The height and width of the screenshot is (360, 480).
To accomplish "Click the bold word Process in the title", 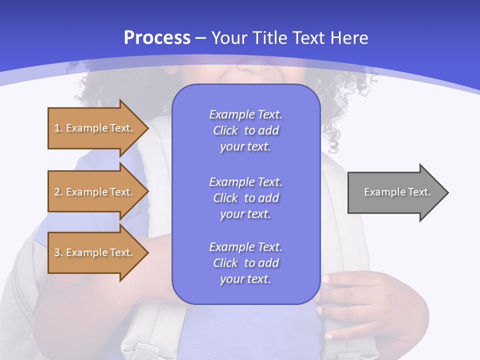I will pyautogui.click(x=157, y=38).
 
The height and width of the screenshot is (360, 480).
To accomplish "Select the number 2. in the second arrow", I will pyautogui.click(x=58, y=192).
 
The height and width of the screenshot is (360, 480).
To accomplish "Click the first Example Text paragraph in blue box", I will pyautogui.click(x=245, y=130).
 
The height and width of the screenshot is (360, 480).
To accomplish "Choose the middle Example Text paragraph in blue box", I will pyautogui.click(x=245, y=198).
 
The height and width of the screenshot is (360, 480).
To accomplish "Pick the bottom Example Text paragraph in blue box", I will pyautogui.click(x=245, y=263).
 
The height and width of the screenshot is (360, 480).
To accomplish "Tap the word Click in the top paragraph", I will pyautogui.click(x=225, y=130).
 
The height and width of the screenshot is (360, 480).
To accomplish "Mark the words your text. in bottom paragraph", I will pyautogui.click(x=245, y=279).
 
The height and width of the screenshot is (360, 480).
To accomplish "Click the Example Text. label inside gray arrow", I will pyautogui.click(x=397, y=192).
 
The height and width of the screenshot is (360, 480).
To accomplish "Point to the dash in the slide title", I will pyautogui.click(x=201, y=38).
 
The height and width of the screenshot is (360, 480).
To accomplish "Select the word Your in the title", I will pyautogui.click(x=229, y=38).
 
